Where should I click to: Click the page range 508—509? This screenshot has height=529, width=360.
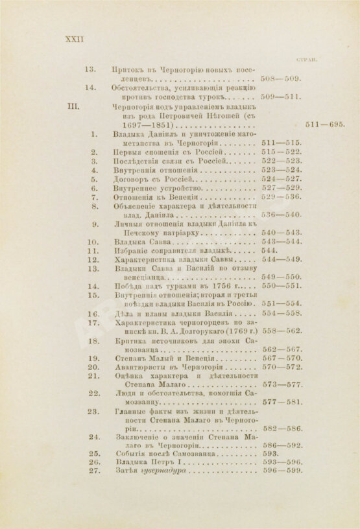(280, 78)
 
